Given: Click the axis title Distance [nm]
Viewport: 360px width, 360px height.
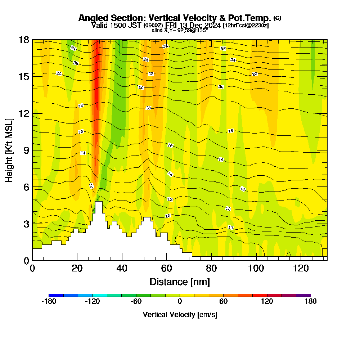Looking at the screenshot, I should click(180, 282).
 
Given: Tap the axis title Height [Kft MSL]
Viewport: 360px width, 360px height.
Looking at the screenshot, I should click(9, 150).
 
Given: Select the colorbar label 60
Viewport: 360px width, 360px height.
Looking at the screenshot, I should click(223, 302).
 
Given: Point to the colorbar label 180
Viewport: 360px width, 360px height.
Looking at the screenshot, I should click(310, 302).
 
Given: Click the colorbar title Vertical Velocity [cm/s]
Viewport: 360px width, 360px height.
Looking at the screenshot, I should click(180, 315).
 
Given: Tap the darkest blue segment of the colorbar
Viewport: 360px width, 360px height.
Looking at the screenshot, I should click(56, 295).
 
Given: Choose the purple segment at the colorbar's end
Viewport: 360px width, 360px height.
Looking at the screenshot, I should click(303, 295).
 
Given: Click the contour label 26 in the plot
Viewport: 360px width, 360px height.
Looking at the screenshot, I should click(223, 49).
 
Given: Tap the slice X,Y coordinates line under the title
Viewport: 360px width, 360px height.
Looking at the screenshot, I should click(180, 31).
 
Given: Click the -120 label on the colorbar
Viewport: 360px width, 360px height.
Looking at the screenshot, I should click(92, 302).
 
